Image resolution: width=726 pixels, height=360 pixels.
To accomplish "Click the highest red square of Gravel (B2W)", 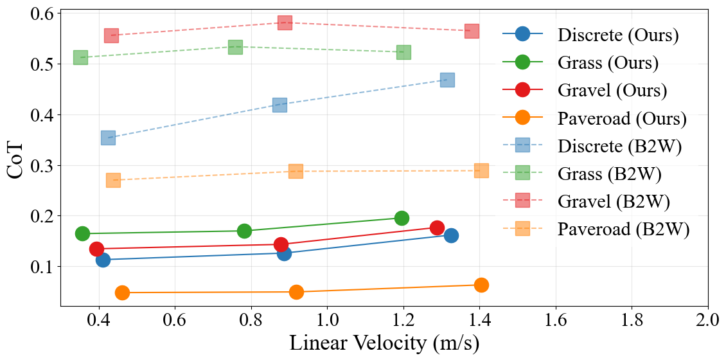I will (x=285, y=23).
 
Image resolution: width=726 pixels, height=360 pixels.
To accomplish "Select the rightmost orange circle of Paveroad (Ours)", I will (x=481, y=285).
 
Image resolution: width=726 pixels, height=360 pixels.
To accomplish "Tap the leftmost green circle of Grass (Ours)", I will (x=82, y=233).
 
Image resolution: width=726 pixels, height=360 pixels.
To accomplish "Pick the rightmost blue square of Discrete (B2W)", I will (x=448, y=80).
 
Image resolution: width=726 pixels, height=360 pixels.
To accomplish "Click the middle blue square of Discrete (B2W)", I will (x=279, y=105).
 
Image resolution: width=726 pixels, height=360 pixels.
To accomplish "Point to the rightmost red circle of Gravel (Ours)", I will (x=438, y=228).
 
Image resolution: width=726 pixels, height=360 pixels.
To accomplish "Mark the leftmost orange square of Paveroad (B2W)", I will (x=113, y=180).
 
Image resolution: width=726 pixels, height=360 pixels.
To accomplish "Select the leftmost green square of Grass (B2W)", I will (x=80, y=57).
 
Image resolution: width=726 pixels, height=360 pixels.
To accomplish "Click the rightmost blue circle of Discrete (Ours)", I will (x=452, y=235).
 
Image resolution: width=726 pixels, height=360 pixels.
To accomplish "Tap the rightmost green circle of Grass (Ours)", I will (x=402, y=218).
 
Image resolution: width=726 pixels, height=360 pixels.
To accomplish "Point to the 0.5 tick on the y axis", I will (x=61, y=64).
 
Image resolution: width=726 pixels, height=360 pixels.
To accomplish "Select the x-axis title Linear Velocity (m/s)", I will (x=384, y=343).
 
